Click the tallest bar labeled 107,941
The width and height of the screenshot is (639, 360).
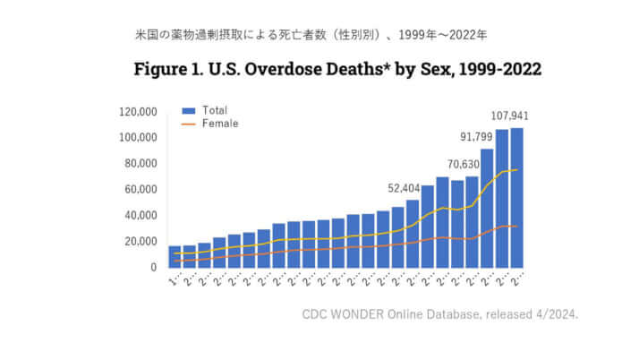pos(516,198)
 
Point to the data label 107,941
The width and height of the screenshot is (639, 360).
pos(509,116)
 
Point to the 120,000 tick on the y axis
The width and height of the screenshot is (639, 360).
pos(138,112)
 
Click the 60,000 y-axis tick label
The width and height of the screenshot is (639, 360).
pos(141,190)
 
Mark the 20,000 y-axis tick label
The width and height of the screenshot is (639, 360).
pos(141,242)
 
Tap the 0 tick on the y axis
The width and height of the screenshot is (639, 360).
pos(154,267)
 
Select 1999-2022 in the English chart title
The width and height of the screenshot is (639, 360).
pos(497,69)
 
